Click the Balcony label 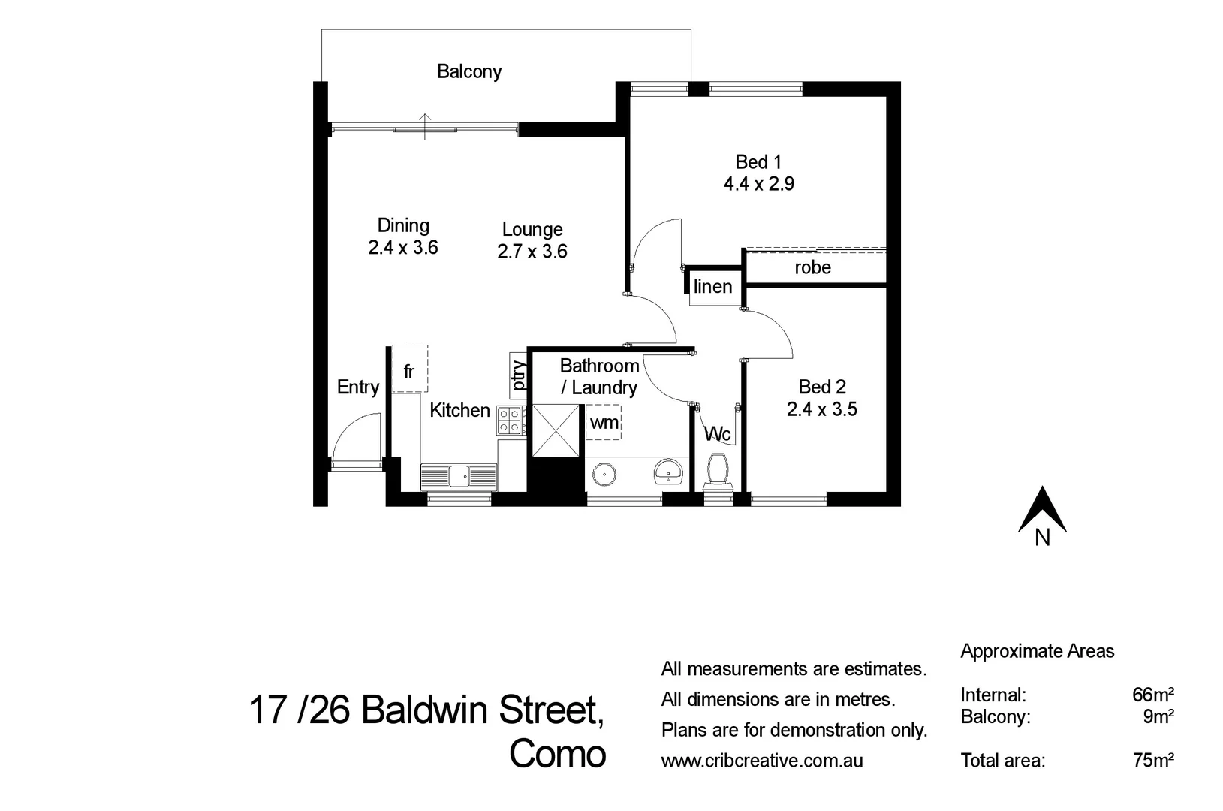click(469, 71)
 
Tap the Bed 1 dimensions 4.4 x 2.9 click(759, 184)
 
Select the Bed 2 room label click(822, 387)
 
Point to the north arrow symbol click(1042, 511)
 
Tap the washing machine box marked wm click(604, 422)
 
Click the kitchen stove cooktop click(510, 421)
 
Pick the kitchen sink click(458, 475)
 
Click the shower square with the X click(556, 430)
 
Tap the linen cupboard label click(712, 286)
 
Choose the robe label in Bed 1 click(812, 267)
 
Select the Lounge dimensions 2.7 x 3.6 click(532, 252)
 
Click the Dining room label click(403, 225)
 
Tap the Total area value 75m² click(1153, 761)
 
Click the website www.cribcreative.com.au click(761, 761)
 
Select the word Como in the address click(557, 754)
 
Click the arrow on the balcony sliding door click(425, 125)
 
